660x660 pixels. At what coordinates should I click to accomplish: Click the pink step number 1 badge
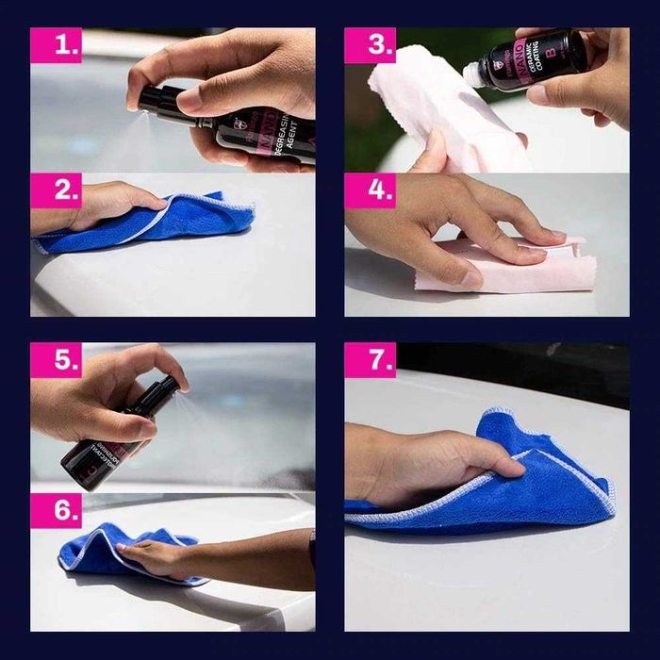click(56, 45)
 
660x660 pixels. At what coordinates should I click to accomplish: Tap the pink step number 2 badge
click(56, 190)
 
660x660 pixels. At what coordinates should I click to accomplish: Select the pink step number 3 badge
click(369, 45)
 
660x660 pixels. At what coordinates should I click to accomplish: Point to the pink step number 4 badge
click(369, 190)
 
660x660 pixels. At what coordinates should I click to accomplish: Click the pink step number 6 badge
click(56, 509)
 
